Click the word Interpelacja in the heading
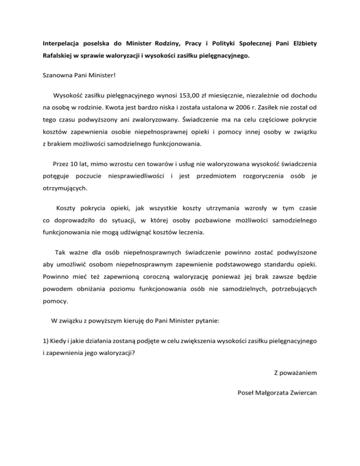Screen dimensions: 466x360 click(59, 44)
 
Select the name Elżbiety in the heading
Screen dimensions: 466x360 click(304, 44)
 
